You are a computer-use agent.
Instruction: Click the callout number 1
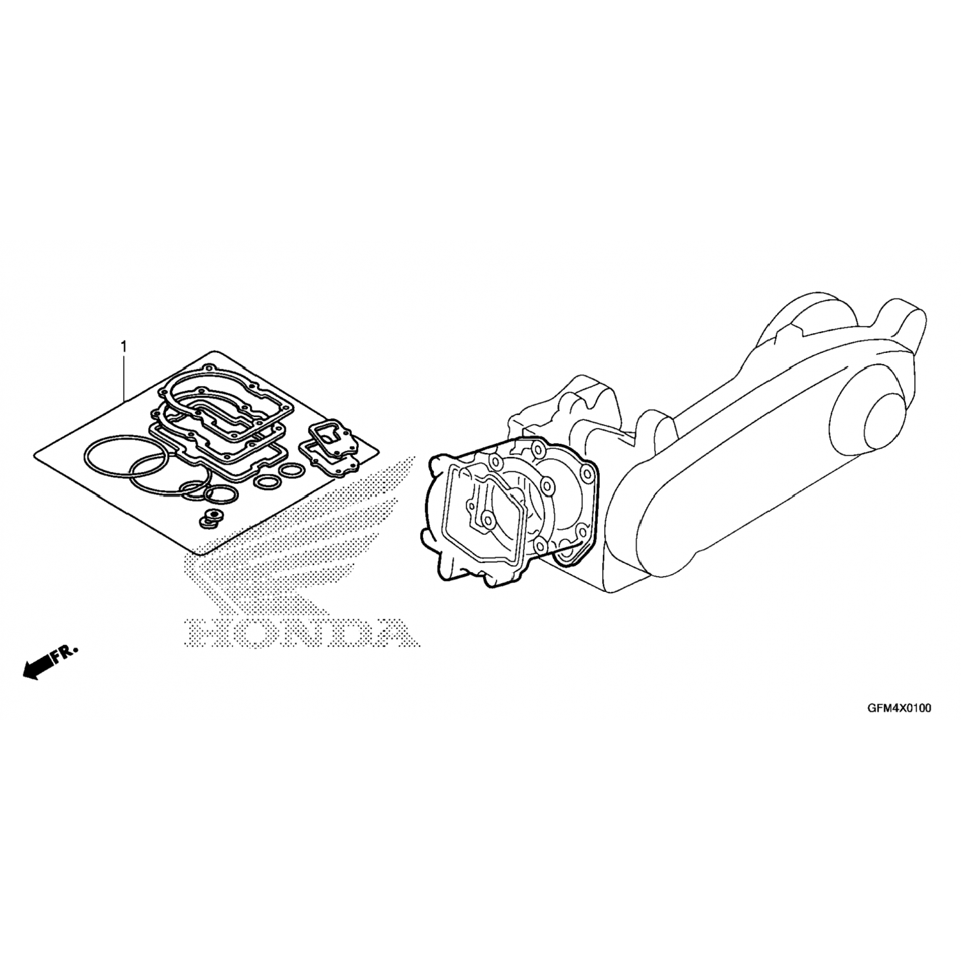[x=124, y=347]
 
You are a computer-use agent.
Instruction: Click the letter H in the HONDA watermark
[x=204, y=632]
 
